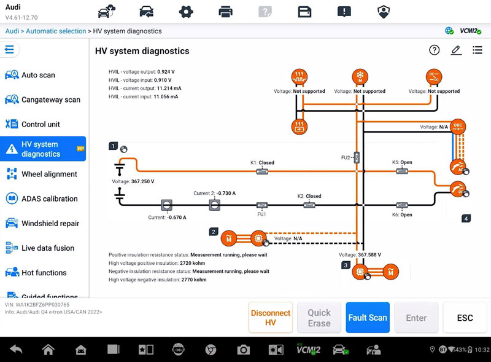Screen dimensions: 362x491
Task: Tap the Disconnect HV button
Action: tap(270, 318)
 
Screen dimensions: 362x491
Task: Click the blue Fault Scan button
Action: tap(367, 318)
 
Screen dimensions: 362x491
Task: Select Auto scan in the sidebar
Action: tap(38, 75)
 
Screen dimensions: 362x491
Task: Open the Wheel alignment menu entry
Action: tap(49, 174)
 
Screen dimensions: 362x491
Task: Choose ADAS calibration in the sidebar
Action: tap(49, 199)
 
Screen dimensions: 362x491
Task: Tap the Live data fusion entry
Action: tap(47, 248)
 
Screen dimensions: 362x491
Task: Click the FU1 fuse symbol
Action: tap(261, 205)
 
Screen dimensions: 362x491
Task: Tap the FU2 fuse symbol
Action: tap(357, 157)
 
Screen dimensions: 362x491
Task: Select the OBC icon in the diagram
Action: tap(457, 126)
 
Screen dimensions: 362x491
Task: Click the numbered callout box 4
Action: tap(466, 218)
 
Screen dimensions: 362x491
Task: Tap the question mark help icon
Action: tap(435, 50)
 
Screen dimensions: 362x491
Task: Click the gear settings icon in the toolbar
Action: tap(186, 11)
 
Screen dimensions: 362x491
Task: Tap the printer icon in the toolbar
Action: tap(225, 11)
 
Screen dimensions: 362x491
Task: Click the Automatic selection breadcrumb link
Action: tap(56, 31)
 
